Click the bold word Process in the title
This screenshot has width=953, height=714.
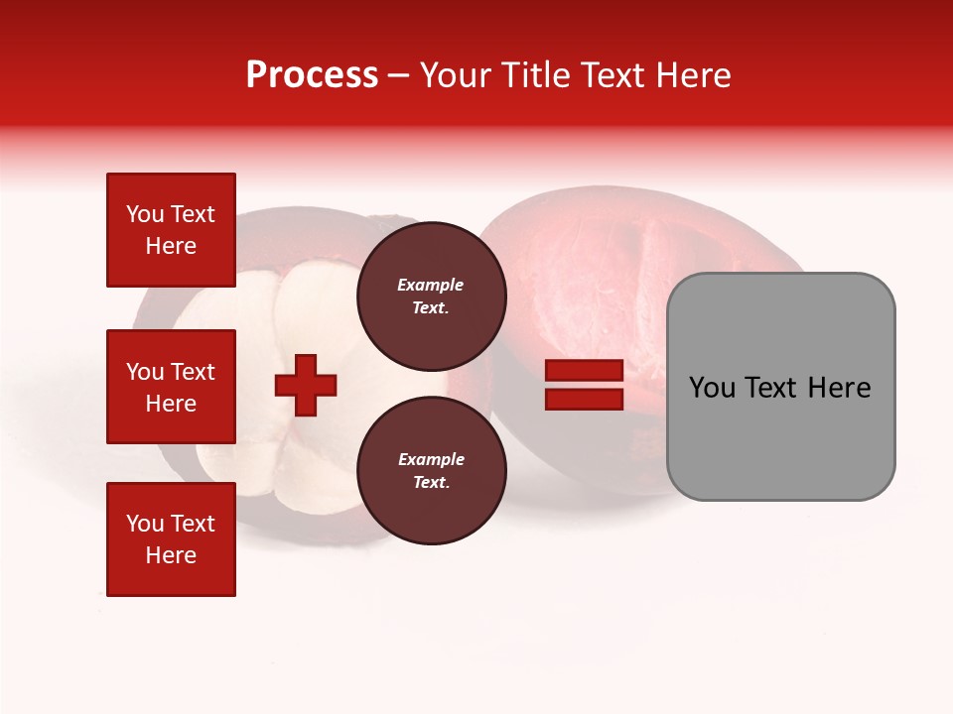[x=312, y=75]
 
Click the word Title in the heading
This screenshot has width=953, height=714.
[x=534, y=75]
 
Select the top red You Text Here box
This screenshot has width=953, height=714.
[x=171, y=230]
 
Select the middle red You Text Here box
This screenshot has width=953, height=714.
[x=171, y=387]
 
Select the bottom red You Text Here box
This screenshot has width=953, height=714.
[x=171, y=539]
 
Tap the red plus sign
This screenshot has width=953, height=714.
[x=306, y=386]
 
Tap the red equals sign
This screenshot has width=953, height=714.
[x=584, y=386]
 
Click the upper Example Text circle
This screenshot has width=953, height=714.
[x=431, y=296]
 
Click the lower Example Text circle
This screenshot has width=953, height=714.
[x=431, y=470]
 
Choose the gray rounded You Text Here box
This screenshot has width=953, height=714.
[x=780, y=387]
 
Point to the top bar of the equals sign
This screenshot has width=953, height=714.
[x=584, y=372]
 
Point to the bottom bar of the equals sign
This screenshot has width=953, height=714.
[x=584, y=400]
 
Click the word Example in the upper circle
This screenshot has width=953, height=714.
[x=431, y=285]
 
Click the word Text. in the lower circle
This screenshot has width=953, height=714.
[x=431, y=483]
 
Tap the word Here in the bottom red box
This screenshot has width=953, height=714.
[x=171, y=555]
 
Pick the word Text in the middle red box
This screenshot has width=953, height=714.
[x=192, y=372]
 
